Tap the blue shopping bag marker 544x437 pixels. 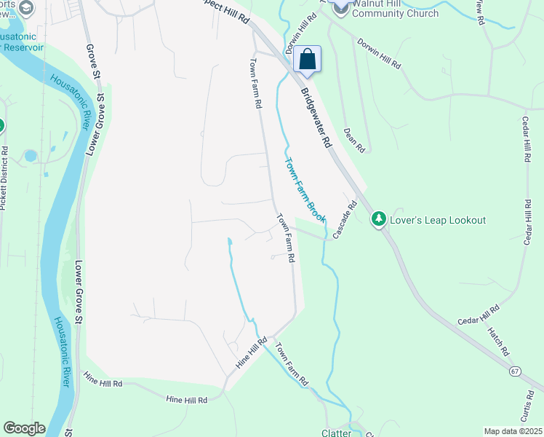(308, 60)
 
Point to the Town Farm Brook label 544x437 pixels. (303, 191)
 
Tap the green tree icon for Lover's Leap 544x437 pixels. (378, 219)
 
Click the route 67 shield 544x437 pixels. (515, 371)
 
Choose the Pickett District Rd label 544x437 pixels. (4, 178)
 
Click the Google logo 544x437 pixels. (24, 428)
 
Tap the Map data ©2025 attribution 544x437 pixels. (513, 431)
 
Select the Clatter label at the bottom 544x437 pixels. (337, 433)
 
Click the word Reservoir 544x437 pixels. (23, 47)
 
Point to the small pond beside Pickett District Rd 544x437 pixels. (30, 156)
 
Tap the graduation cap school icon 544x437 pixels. (27, 8)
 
